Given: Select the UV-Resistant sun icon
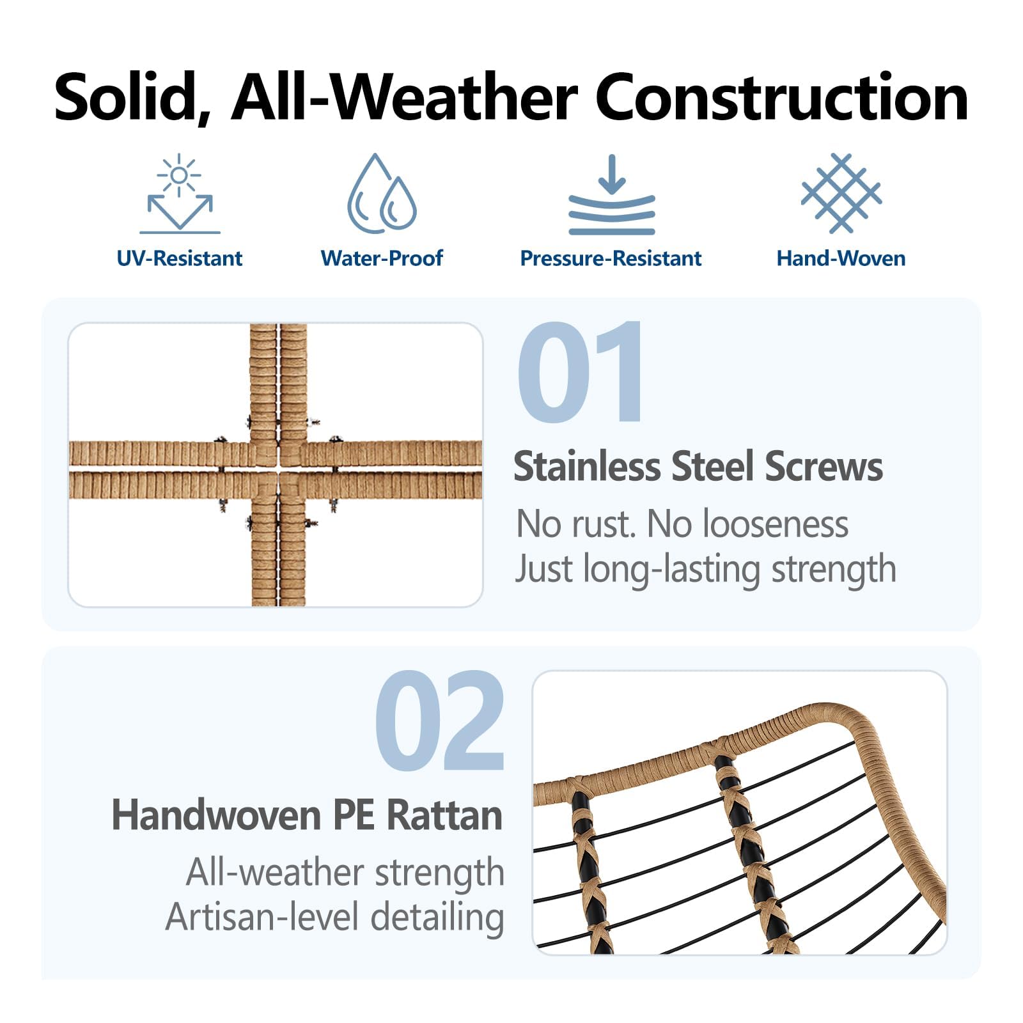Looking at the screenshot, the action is click(x=180, y=194).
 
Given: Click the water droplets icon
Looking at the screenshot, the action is click(x=382, y=193).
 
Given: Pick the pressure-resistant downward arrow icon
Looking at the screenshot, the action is click(x=612, y=194).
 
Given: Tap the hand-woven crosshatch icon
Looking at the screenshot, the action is click(x=841, y=193).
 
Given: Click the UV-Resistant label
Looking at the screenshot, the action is click(x=180, y=258).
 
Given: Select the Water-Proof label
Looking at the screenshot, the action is click(x=382, y=258).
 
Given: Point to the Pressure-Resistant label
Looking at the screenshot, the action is click(x=611, y=258).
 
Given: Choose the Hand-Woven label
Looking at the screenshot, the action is click(x=841, y=258).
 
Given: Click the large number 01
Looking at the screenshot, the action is click(x=580, y=371).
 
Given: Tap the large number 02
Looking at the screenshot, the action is click(x=440, y=721).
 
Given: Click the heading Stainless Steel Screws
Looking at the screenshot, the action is click(x=698, y=466).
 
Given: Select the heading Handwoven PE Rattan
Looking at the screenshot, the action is click(x=307, y=815).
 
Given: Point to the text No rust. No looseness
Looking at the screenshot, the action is click(x=682, y=524).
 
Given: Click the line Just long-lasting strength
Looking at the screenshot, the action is click(x=706, y=568).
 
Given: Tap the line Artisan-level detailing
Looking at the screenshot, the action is click(x=335, y=918).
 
